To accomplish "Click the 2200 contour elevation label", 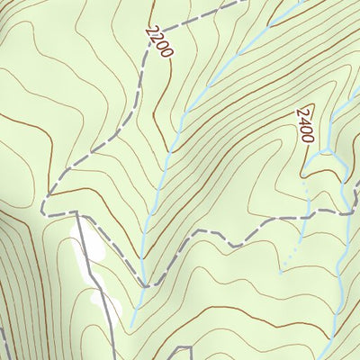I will pyautogui.click(x=157, y=40).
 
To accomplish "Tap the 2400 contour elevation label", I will pyautogui.click(x=303, y=126).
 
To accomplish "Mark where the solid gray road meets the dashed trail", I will pyautogui.click(x=78, y=214).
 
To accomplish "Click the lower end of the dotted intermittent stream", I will pyautogui.click(x=281, y=270).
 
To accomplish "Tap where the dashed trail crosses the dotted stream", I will pyautogui.click(x=306, y=217).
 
